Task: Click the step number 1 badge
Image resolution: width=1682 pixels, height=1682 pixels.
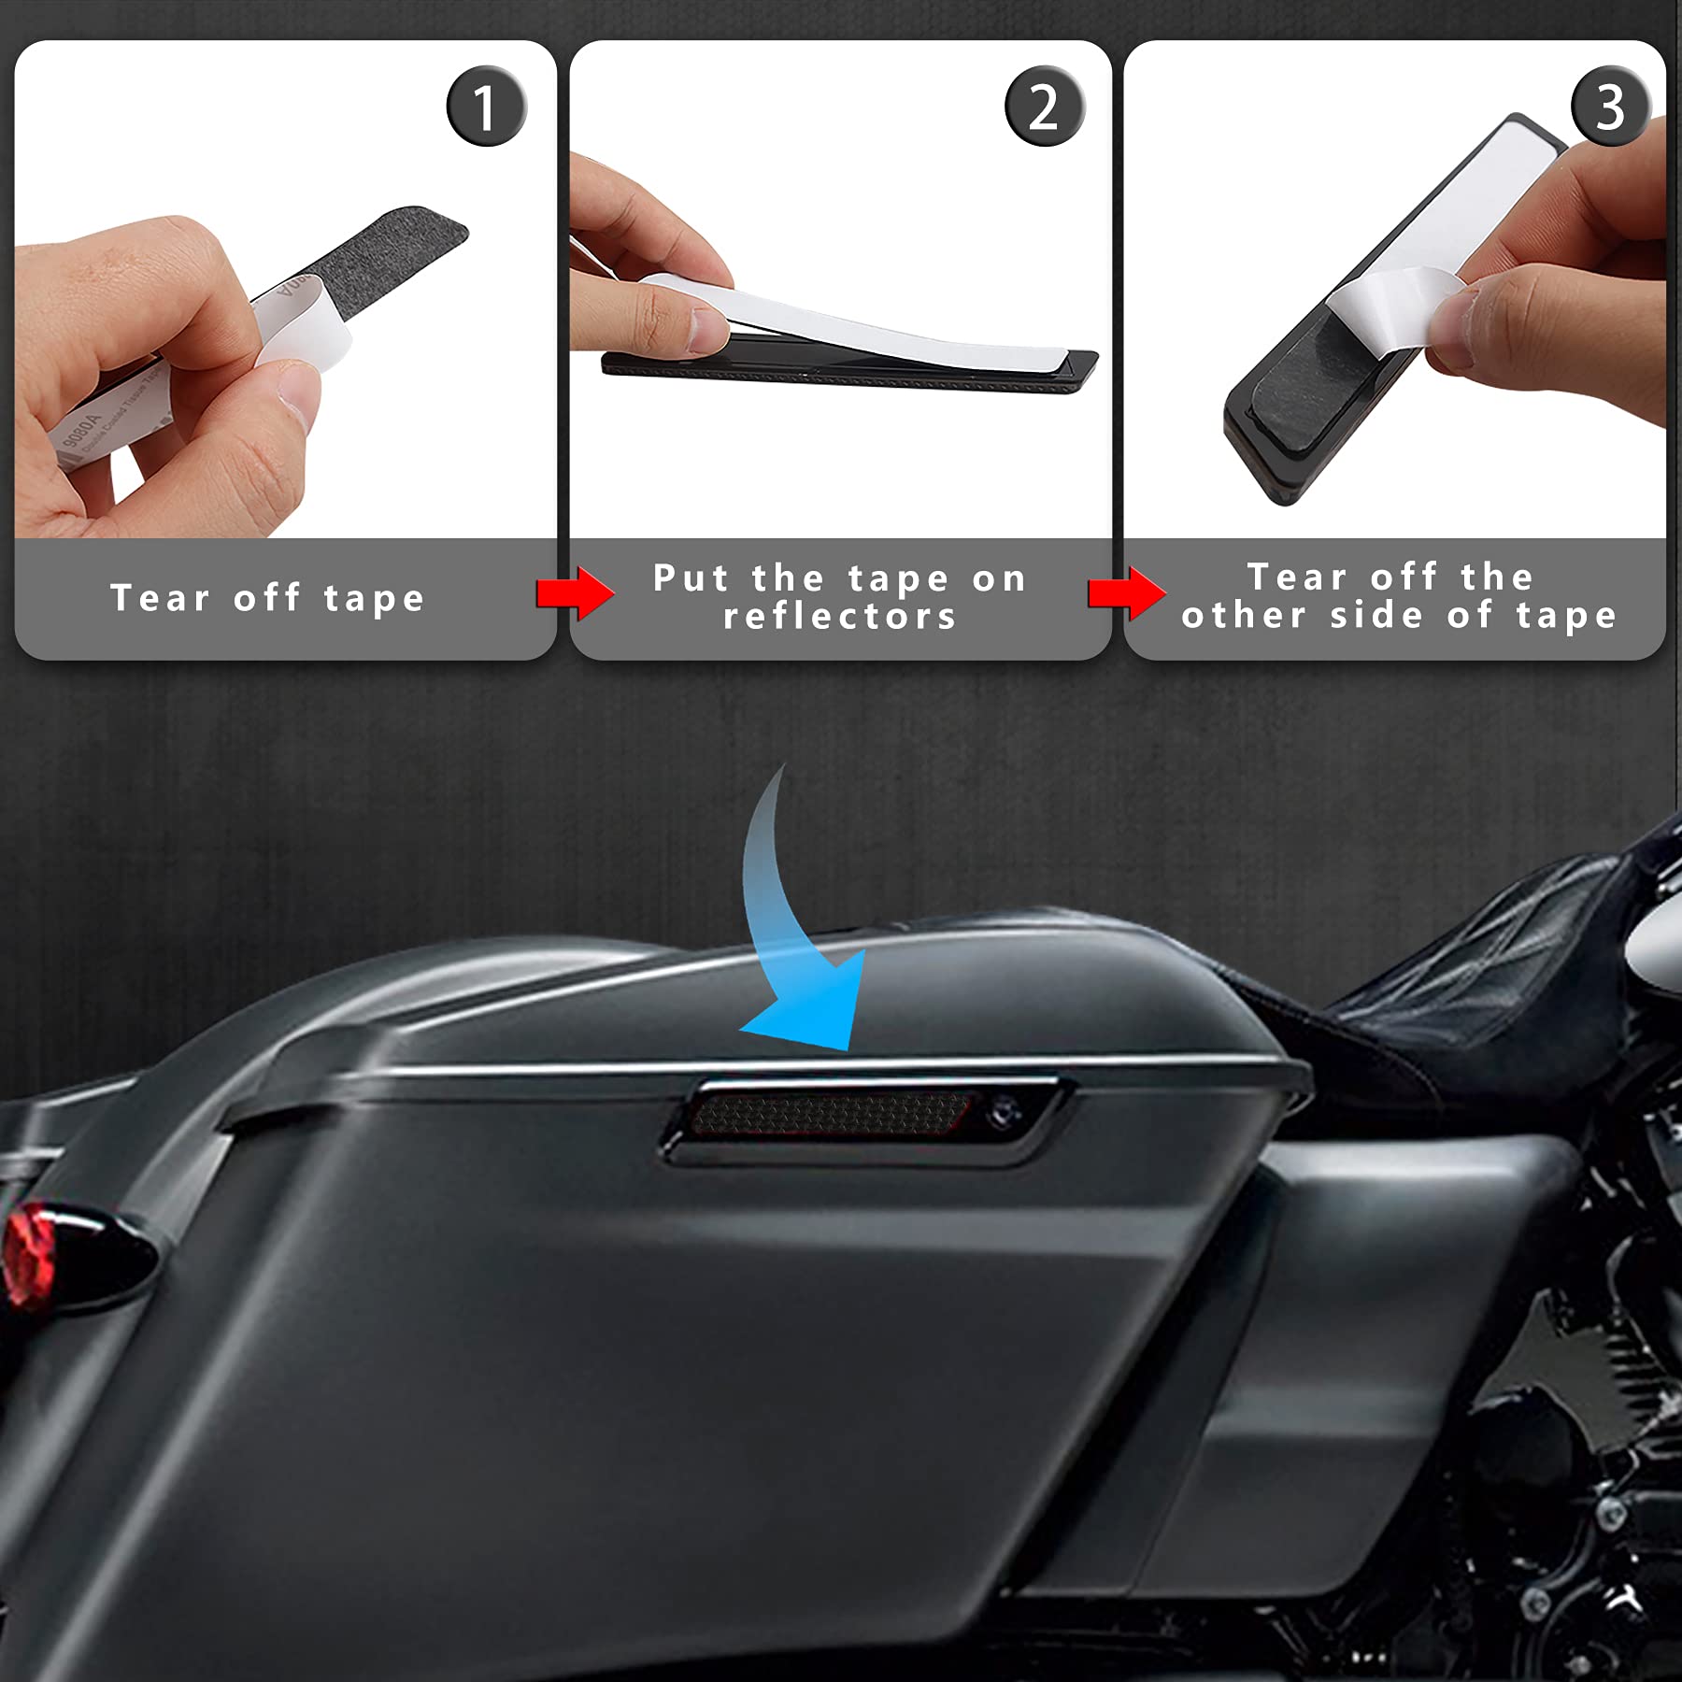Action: [486, 107]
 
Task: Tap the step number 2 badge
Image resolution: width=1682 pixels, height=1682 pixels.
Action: [1044, 107]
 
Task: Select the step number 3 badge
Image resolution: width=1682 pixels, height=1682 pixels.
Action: [1609, 107]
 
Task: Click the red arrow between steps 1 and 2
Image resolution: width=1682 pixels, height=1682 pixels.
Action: [575, 592]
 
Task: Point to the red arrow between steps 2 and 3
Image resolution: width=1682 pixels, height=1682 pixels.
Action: [1126, 592]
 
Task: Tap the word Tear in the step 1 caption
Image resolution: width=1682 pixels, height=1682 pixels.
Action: [160, 598]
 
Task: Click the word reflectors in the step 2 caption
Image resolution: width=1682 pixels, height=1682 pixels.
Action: [839, 617]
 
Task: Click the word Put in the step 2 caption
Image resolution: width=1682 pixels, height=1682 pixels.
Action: [690, 577]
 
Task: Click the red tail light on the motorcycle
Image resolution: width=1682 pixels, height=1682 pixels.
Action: [28, 1252]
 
